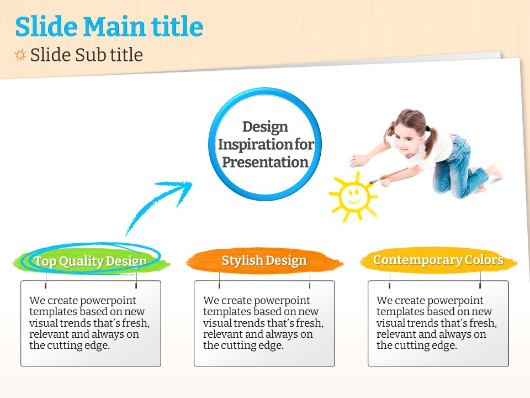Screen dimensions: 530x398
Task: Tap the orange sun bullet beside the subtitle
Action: click(20, 55)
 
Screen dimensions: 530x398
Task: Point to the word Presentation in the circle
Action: click(266, 162)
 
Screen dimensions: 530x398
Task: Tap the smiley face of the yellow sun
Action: click(353, 196)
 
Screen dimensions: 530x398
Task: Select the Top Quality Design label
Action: click(91, 261)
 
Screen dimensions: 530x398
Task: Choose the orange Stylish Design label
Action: click(264, 260)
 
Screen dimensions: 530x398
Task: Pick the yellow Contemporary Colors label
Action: click(438, 260)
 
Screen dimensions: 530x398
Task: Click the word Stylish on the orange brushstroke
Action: click(242, 260)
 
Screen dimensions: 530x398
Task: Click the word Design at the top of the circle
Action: click(266, 127)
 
